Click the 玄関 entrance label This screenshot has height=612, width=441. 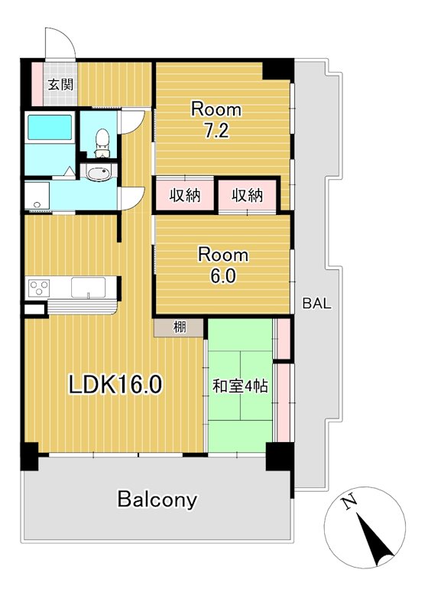coord(60,84)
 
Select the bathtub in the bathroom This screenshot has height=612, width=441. coord(50,127)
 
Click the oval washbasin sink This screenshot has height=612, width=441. coord(99,173)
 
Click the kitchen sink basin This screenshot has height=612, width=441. coord(88,288)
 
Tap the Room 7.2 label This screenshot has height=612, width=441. coord(216,120)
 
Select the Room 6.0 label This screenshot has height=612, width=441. coord(223,265)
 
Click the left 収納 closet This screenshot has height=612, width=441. coord(185,195)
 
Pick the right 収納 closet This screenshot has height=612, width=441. coord(247,195)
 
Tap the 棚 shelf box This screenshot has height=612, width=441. coord(179,327)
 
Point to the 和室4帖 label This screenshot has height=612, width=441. coord(240,386)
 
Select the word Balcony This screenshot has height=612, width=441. coord(157,500)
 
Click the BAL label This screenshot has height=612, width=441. coord(317,303)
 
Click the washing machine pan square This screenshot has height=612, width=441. coord(37,196)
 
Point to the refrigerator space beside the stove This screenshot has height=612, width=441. coord(34,309)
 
